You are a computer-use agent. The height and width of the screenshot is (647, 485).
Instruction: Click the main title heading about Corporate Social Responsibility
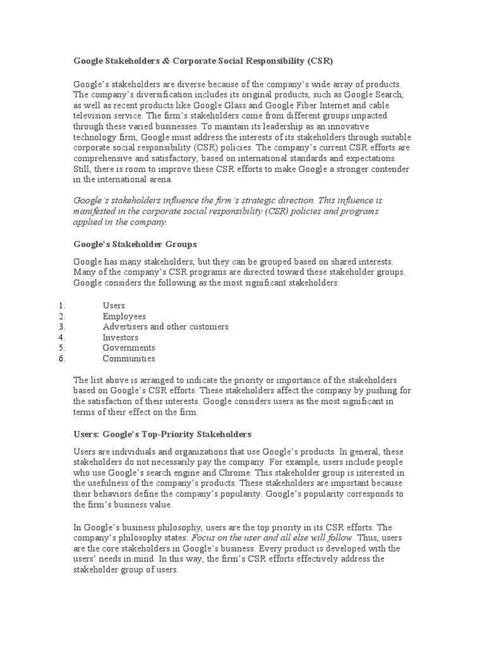click(x=203, y=61)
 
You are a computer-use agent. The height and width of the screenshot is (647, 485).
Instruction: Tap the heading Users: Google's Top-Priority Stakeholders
click(x=162, y=434)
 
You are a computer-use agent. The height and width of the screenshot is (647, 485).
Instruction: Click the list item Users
click(x=114, y=306)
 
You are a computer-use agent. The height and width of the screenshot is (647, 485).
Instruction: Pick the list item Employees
click(x=124, y=317)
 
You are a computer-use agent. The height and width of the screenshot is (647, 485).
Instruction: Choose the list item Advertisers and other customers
click(x=165, y=327)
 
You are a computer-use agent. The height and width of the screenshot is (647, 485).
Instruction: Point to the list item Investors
click(x=121, y=337)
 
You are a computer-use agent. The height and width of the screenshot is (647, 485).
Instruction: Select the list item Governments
click(x=129, y=348)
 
